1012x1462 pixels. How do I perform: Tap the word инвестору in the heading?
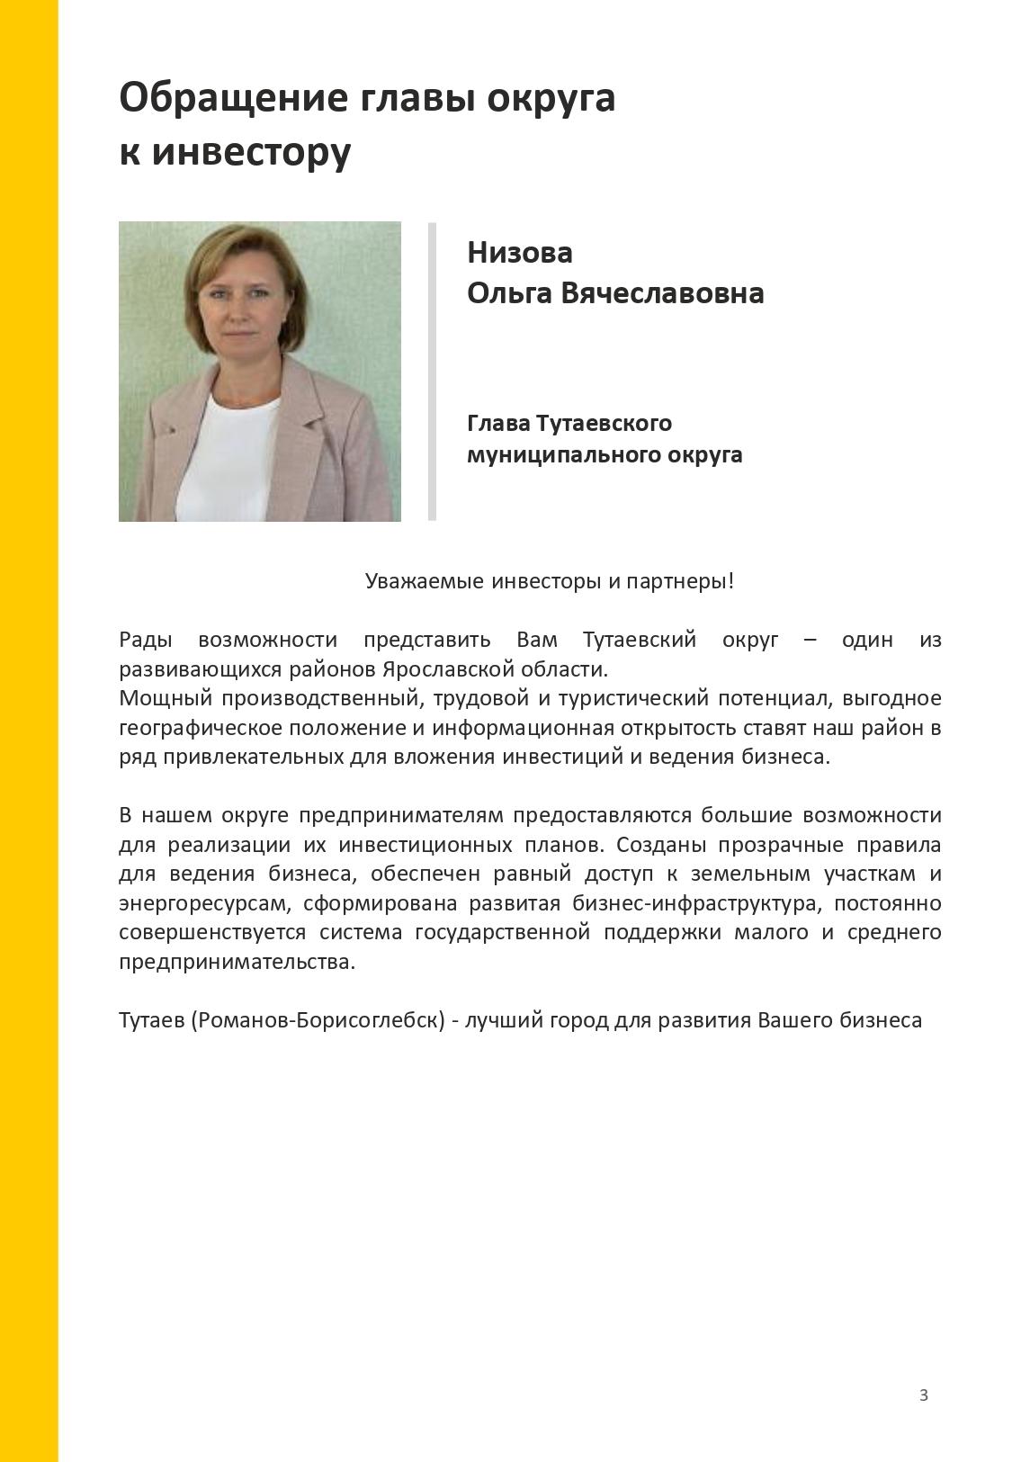click(251, 152)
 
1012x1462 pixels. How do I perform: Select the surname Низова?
click(520, 253)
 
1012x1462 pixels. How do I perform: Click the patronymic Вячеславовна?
click(662, 293)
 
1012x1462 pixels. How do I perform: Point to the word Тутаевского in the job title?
click(604, 423)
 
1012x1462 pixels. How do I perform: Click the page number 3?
click(923, 1395)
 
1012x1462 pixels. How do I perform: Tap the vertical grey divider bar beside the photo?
click(432, 371)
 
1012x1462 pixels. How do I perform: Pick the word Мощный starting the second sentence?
click(166, 698)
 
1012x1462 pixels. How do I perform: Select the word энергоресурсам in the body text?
click(204, 903)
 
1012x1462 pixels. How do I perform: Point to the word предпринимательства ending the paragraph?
click(235, 962)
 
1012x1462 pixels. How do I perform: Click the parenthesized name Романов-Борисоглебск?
click(318, 1020)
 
